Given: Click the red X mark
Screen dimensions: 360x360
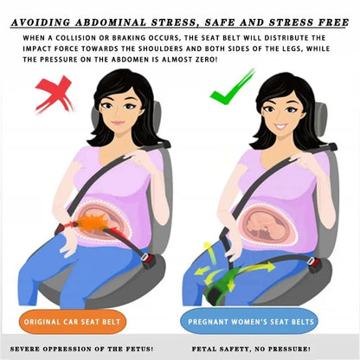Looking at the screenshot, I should pos(54,93).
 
